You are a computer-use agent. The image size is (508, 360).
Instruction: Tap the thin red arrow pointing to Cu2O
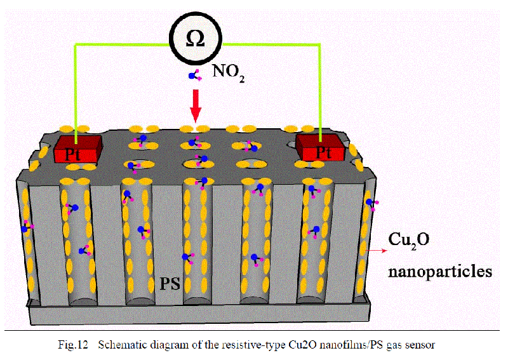coord(374,251)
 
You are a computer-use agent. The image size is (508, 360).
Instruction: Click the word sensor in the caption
coord(420,345)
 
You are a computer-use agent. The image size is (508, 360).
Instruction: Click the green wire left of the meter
coord(114,44)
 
